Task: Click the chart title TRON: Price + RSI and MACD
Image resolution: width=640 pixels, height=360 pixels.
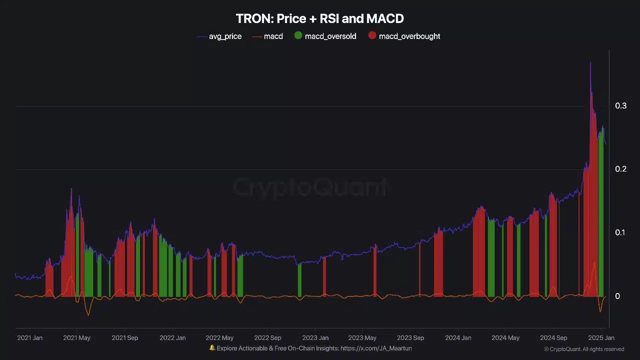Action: coord(319,19)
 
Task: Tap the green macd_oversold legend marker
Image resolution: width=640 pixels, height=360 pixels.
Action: coord(298,35)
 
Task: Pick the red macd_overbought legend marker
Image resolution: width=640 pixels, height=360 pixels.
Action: coord(372,35)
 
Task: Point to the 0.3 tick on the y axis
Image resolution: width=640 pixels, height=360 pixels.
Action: coord(620,105)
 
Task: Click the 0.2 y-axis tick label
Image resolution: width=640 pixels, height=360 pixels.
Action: coord(620,169)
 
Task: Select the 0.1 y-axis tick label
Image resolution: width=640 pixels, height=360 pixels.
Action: coord(620,232)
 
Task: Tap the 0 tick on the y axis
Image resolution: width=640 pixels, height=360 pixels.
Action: coord(617,296)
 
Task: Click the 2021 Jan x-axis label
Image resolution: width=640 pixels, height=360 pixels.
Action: coord(30,338)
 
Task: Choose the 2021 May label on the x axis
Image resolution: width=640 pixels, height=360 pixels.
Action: coord(76,338)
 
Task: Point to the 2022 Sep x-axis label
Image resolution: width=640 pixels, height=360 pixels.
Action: coord(267,338)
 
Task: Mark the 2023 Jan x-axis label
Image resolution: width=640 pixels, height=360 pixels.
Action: coord(315,338)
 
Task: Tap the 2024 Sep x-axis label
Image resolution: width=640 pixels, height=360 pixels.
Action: coord(553,338)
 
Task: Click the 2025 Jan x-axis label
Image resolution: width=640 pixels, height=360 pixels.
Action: coord(601,338)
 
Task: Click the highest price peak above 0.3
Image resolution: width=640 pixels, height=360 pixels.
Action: coord(590,63)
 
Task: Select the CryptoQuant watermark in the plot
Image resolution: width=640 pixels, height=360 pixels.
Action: coord(310,187)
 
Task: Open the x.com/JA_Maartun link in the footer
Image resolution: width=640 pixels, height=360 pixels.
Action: coord(376,348)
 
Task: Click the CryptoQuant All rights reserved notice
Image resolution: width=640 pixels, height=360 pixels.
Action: coord(584,349)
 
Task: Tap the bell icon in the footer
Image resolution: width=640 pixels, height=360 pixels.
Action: coord(212,348)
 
